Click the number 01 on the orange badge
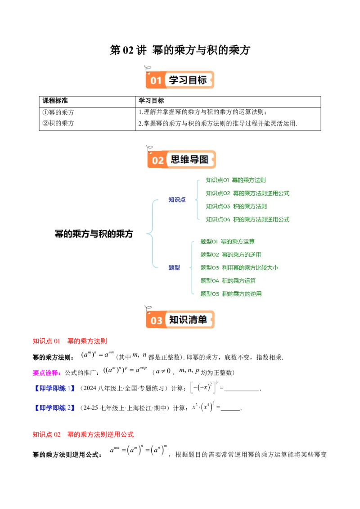tap(156, 80)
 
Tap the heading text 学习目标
tap(188, 80)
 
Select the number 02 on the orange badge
tap(157, 160)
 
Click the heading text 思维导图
tap(189, 160)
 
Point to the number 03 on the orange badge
tap(156, 320)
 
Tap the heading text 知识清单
tap(188, 320)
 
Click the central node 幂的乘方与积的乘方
tap(94, 234)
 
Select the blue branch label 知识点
tap(177, 200)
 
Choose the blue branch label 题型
tap(174, 268)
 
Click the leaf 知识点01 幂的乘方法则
tap(235, 180)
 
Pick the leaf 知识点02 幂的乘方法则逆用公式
tap(247, 193)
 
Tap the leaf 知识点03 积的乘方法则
tap(236, 206)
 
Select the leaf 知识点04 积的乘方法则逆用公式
tap(247, 219)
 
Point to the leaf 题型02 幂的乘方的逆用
tap(230, 254)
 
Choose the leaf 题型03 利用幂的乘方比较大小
tap(239, 268)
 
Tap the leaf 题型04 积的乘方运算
tap(228, 281)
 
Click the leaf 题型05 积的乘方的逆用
tap(231, 294)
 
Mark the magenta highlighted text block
tap(46, 373)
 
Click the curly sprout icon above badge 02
tap(149, 147)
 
